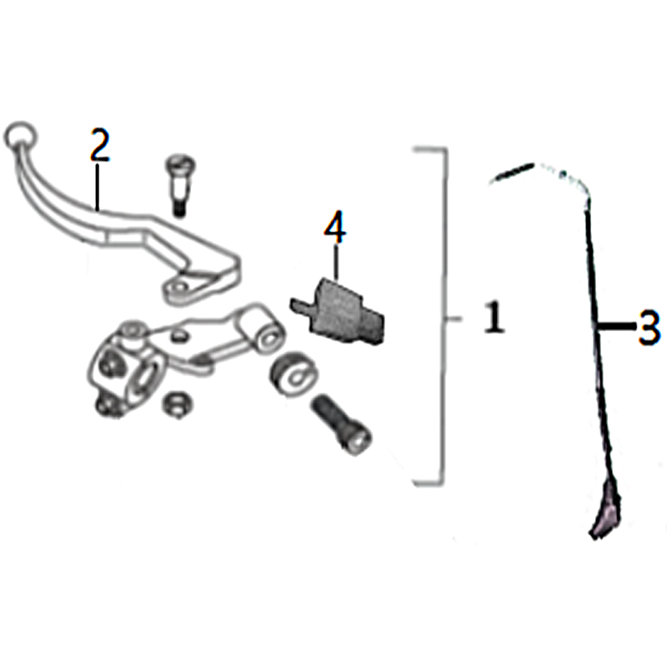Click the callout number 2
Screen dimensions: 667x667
100,145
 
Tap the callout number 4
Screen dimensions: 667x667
335,227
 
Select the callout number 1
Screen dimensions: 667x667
494,317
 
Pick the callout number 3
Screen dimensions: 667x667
649,327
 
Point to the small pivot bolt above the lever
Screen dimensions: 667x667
179,185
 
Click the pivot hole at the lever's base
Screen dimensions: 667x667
178,289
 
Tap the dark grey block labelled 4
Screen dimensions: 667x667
339,309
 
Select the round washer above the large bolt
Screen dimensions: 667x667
293,373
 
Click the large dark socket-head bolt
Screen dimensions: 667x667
341,424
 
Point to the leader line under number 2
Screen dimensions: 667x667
98,187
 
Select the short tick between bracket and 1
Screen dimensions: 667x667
454,318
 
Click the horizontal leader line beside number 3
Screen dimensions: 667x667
616,326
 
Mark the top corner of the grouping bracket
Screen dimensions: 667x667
446,149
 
